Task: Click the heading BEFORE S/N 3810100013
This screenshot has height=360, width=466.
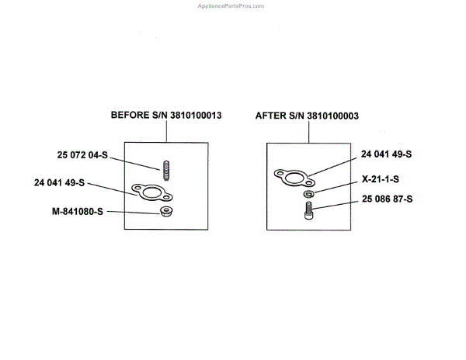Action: click(x=166, y=115)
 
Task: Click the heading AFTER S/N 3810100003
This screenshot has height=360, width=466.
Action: click(x=307, y=115)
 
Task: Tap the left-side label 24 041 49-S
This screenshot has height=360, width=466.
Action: click(x=59, y=183)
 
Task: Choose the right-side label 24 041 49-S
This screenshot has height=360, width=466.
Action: click(x=387, y=154)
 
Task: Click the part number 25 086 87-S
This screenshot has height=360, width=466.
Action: click(x=387, y=200)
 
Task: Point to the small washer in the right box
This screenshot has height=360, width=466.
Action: click(x=308, y=193)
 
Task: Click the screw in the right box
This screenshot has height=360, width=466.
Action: click(x=308, y=209)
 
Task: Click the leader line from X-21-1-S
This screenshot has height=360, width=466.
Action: click(x=336, y=185)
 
